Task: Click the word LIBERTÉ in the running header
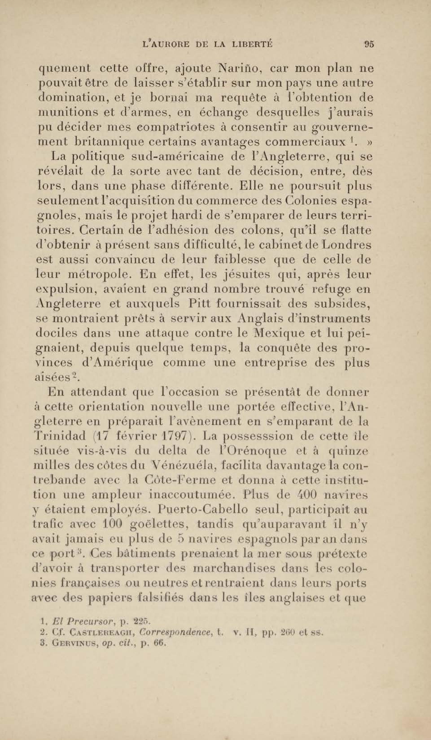[x=253, y=44]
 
